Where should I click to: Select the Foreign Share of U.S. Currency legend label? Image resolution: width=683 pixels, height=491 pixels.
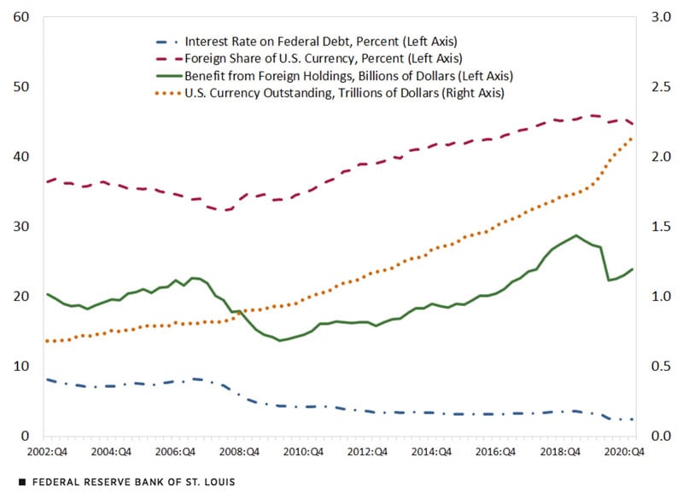click(x=323, y=58)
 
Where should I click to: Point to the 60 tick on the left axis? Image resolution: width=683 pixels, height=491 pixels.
click(x=22, y=17)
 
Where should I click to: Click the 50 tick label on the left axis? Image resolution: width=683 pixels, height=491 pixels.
click(x=22, y=87)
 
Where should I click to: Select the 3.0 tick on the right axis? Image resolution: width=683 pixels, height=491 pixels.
click(x=658, y=17)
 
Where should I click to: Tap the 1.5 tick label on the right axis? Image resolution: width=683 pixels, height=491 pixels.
click(x=658, y=227)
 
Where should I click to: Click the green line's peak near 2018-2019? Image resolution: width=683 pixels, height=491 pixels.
click(x=576, y=235)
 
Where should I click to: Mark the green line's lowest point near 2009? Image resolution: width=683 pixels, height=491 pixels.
click(x=279, y=340)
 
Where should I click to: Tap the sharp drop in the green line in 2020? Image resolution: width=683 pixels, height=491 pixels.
click(x=605, y=264)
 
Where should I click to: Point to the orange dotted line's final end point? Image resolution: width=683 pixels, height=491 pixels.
click(x=632, y=137)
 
